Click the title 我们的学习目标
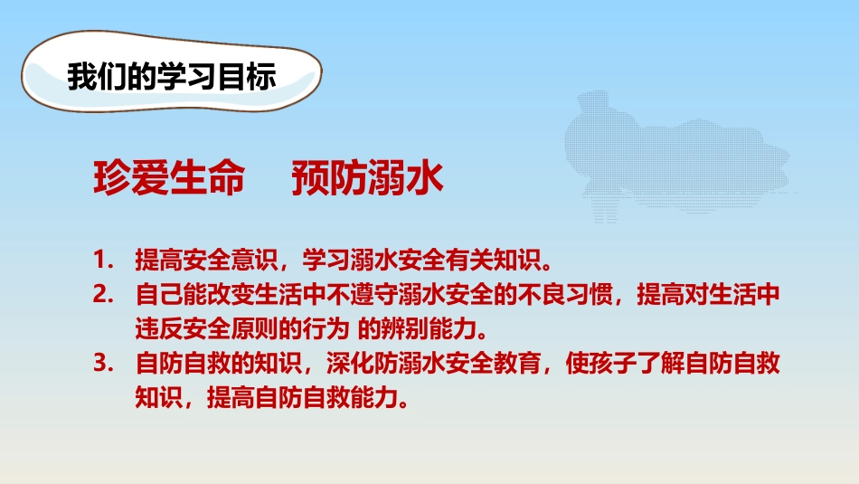(x=170, y=77)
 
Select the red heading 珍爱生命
(x=169, y=179)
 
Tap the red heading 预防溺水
(x=367, y=179)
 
